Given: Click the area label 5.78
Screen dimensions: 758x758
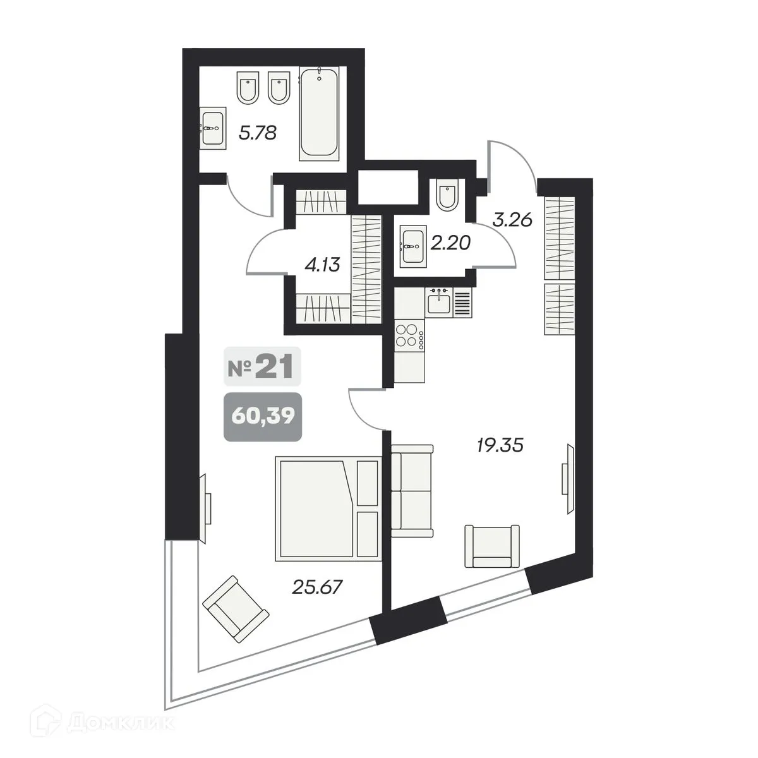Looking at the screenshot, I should pos(258,134).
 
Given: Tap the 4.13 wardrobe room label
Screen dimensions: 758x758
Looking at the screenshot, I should pos(322,265).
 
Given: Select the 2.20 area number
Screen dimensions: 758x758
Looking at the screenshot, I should pos(450,242).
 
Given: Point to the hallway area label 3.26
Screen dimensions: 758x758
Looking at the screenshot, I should pos(513,220).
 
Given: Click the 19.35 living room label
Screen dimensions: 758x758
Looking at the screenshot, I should pos(500,446).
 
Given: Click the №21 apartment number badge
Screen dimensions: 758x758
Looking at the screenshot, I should pos(262,367).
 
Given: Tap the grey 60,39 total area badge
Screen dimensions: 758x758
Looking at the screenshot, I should pos(262,416).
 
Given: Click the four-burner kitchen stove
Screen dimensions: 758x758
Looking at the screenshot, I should pos(409,335).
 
